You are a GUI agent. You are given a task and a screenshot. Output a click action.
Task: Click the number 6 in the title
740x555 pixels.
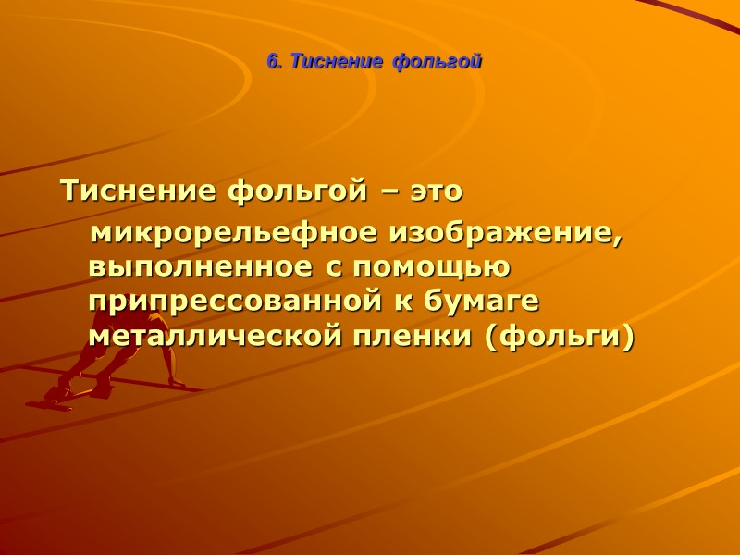[271, 62]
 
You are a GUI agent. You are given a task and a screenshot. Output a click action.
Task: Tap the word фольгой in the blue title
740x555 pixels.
[438, 62]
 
